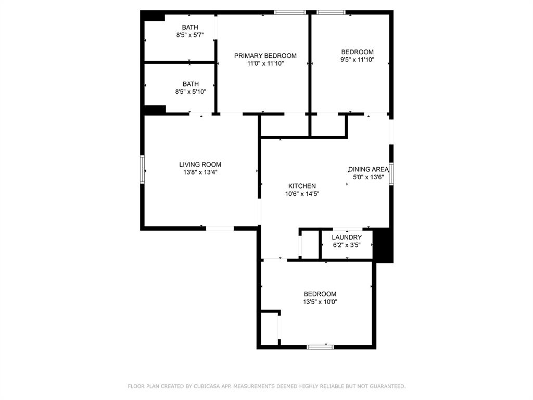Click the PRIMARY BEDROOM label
point(265,56)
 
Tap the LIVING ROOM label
point(200,165)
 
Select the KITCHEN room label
point(302,186)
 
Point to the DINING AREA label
point(369,169)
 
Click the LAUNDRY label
point(347,238)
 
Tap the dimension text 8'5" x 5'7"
point(189,35)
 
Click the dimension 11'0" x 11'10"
point(265,64)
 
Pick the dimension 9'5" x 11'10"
point(357,59)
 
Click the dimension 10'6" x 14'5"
point(302,194)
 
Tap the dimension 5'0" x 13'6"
point(368,177)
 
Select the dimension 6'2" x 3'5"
point(347,245)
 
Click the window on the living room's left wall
point(142,170)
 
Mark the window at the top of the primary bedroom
point(290,12)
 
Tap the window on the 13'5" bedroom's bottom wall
point(320,346)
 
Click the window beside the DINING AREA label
point(391,174)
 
